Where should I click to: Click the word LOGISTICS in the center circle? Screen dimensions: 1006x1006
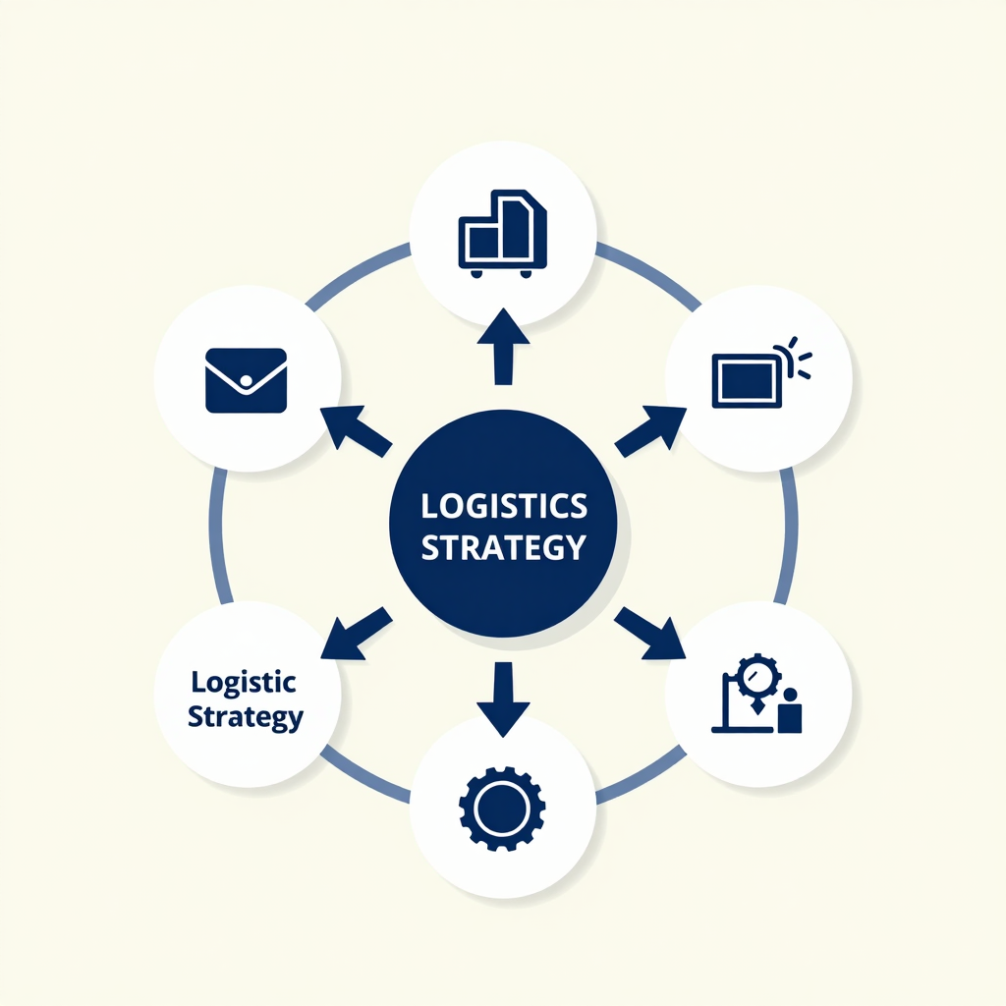pyautogui.click(x=504, y=506)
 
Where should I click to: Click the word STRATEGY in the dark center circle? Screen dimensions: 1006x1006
pyautogui.click(x=504, y=547)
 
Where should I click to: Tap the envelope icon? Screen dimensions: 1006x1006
pyautogui.click(x=246, y=380)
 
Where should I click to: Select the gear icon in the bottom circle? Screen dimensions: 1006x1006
pyautogui.click(x=502, y=809)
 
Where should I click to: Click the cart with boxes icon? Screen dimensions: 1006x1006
pyautogui.click(x=502, y=234)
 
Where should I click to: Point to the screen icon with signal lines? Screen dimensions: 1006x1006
pyautogui.click(x=761, y=372)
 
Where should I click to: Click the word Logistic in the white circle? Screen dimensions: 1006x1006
pyautogui.click(x=244, y=683)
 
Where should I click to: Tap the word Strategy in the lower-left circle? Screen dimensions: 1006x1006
pyautogui.click(x=245, y=716)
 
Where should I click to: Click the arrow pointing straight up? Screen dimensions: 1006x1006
pyautogui.click(x=504, y=347)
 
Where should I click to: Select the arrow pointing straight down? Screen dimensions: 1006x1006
pyautogui.click(x=504, y=699)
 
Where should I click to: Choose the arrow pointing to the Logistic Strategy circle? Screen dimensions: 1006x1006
pyautogui.click(x=356, y=634)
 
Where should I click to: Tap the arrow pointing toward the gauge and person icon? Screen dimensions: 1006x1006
pyautogui.click(x=650, y=634)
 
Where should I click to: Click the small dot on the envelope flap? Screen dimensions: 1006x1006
pyautogui.click(x=246, y=381)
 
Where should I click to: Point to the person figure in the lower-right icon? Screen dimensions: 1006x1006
pyautogui.click(x=790, y=711)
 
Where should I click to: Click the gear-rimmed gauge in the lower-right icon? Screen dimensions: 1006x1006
pyautogui.click(x=757, y=677)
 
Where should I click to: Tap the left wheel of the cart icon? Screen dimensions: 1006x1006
pyautogui.click(x=476, y=274)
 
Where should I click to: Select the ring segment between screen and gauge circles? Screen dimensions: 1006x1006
pyautogui.click(x=789, y=536)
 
